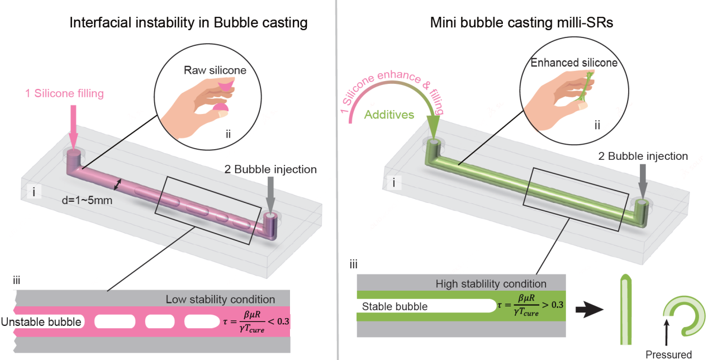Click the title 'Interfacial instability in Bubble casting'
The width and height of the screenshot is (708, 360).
pyautogui.click(x=188, y=23)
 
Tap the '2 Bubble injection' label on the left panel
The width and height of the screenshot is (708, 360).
pyautogui.click(x=270, y=169)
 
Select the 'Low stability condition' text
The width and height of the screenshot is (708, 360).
pyautogui.click(x=220, y=300)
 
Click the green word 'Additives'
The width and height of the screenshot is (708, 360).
pyautogui.click(x=388, y=115)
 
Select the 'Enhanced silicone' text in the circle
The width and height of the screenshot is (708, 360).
pyautogui.click(x=575, y=63)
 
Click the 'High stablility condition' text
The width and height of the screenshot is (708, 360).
pyautogui.click(x=491, y=284)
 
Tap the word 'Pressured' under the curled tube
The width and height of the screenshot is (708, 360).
pyautogui.click(x=668, y=354)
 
